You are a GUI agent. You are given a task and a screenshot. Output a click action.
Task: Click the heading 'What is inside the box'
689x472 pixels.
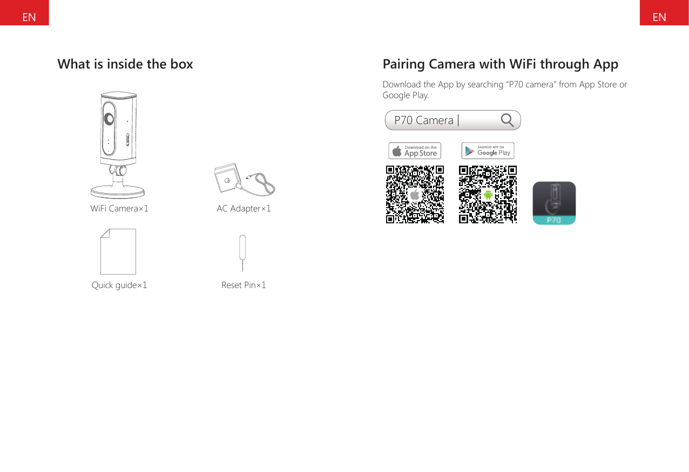[x=125, y=64]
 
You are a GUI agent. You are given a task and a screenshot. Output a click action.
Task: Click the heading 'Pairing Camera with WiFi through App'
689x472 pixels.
[x=500, y=64]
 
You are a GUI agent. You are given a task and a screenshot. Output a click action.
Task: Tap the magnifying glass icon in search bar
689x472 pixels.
[x=507, y=120]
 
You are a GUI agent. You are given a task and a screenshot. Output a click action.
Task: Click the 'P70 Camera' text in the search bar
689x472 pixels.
[x=424, y=120]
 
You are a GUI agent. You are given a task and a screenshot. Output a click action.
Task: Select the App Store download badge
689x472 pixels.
[x=415, y=151]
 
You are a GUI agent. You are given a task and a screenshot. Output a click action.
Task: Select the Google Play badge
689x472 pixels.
[x=488, y=151]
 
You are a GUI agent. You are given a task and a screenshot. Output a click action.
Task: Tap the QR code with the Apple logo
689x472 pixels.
[x=415, y=194]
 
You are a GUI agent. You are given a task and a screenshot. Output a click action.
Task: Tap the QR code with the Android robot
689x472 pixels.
[x=488, y=194]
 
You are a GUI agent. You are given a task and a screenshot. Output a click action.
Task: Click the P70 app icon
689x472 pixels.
[x=554, y=203]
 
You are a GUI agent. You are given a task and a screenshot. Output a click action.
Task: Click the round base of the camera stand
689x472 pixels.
[x=118, y=191]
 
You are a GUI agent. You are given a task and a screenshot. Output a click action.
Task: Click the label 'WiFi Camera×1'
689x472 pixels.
[x=119, y=208]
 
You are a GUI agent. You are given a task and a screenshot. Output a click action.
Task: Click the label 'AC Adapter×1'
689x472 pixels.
[x=244, y=208]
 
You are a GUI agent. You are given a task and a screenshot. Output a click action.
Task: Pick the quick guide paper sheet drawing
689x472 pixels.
[x=118, y=251]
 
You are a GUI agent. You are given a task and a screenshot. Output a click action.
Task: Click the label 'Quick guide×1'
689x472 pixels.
[x=119, y=285]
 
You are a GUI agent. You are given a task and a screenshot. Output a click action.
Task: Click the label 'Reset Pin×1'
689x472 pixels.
[x=244, y=285]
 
